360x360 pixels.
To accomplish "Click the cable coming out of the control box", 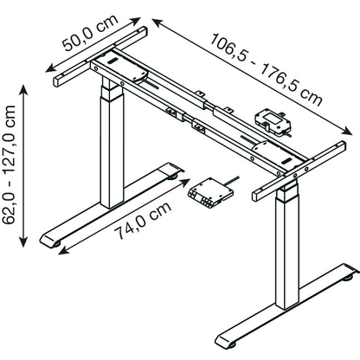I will pyautogui.click(x=231, y=178).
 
